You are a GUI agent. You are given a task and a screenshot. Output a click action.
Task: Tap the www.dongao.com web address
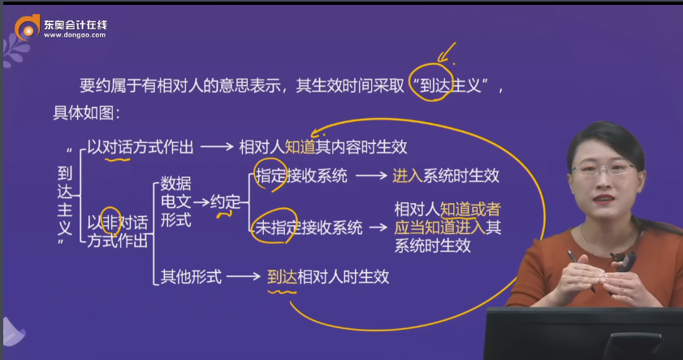pyautogui.click(x=74, y=37)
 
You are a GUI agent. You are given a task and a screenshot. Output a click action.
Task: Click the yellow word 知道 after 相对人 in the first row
pyautogui.click(x=300, y=147)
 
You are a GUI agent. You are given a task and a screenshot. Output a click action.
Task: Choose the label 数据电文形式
pyautogui.click(x=175, y=201)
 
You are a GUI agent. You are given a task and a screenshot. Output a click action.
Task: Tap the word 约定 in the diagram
pyautogui.click(x=225, y=201)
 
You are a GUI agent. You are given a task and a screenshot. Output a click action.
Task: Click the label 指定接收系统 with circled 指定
pyautogui.click(x=300, y=175)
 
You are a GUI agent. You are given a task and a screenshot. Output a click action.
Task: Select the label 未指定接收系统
pyautogui.click(x=308, y=228)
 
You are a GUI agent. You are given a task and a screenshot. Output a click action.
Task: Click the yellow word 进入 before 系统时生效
pyautogui.click(x=407, y=175)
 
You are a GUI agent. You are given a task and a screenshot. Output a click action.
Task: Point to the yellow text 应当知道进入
pyautogui.click(x=439, y=227)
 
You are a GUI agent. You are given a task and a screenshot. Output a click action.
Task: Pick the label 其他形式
pyautogui.click(x=191, y=276)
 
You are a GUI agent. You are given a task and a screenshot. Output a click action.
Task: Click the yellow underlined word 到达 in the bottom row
pyautogui.click(x=282, y=276)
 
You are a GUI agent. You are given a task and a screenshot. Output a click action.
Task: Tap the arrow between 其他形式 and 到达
pyautogui.click(x=243, y=276)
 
